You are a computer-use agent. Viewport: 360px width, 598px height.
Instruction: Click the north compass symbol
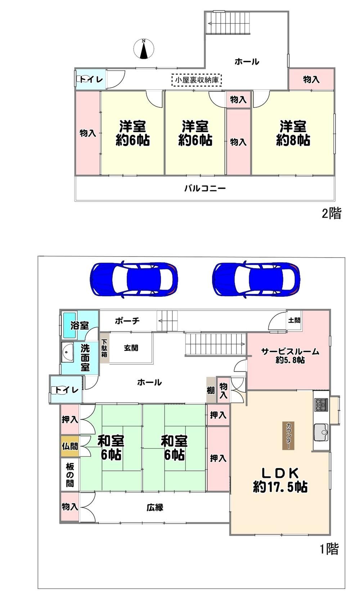pos(144,49)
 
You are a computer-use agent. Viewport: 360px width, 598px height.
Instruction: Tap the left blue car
pos(134,279)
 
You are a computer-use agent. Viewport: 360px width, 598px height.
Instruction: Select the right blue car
pos(256,279)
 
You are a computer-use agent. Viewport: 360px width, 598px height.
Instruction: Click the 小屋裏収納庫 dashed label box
pos(197,80)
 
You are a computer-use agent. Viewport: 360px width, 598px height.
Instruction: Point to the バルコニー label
pos(205,188)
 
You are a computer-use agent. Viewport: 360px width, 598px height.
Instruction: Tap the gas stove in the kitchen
pos(321,405)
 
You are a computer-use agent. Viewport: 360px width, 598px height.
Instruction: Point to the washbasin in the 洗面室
pos(68,353)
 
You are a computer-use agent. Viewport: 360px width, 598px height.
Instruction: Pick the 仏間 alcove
pos(69,446)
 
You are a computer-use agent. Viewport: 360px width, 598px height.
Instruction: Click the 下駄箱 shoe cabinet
pos(104,348)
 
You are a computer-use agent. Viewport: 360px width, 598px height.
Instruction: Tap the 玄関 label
pos(131,348)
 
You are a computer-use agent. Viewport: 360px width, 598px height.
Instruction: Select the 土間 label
pos(294,320)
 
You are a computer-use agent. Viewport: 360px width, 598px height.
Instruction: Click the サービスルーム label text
pos(290,351)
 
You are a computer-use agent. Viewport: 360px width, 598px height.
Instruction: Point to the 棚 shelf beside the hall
pos(211,390)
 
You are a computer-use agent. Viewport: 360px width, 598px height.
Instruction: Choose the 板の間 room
pos(70,475)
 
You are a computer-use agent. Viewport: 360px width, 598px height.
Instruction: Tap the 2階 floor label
pos(332,213)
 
